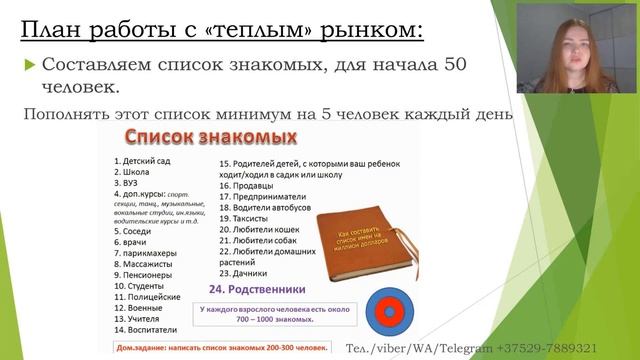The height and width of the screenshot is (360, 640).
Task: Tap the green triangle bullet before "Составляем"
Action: tap(30, 66)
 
